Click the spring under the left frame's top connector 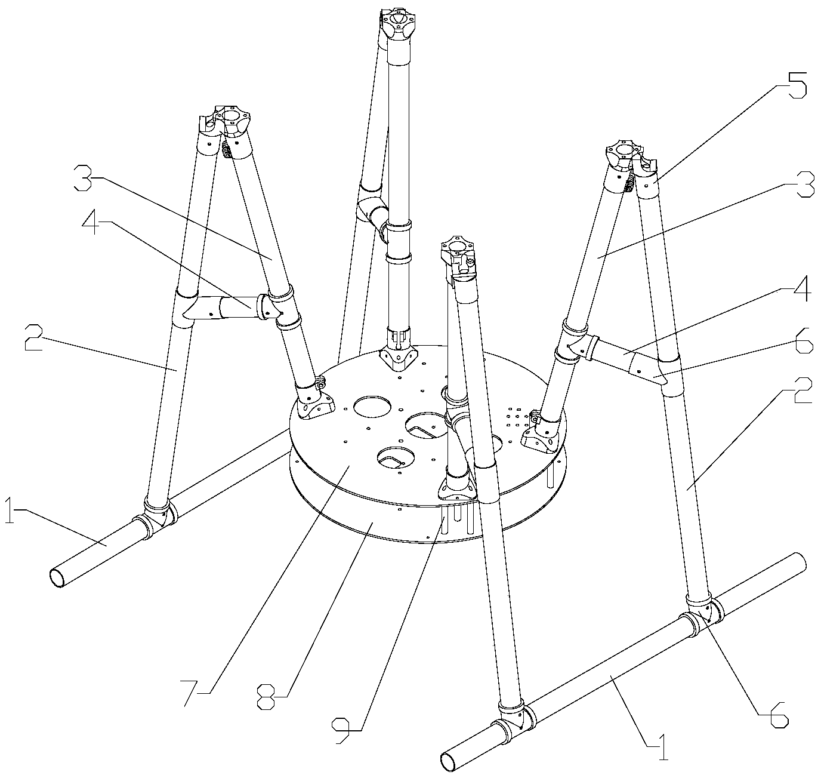pyautogui.click(x=227, y=150)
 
